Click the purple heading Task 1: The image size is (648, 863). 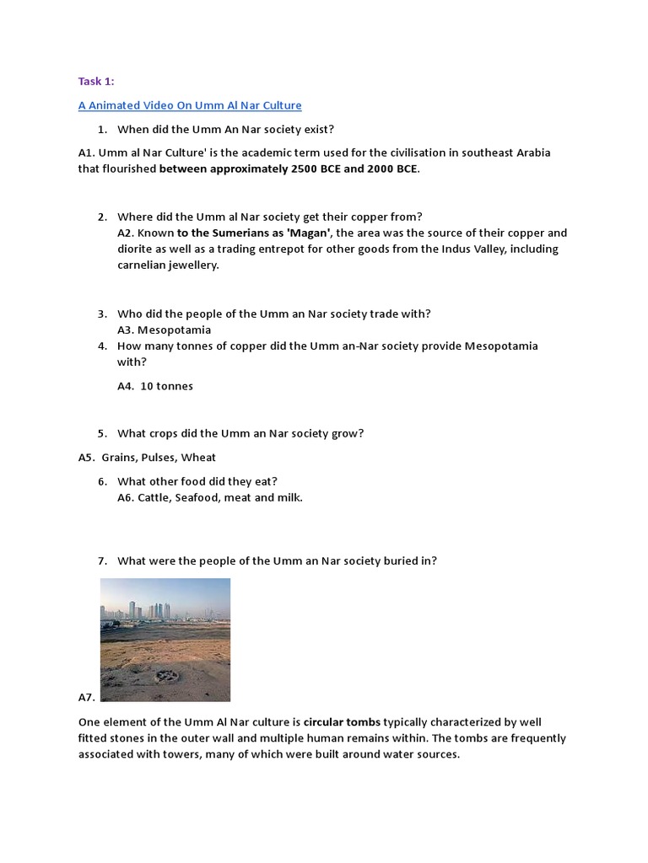point(96,81)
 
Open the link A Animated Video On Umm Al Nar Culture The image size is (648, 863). point(190,105)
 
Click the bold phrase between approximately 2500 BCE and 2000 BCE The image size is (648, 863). point(289,169)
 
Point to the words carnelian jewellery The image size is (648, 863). point(168,265)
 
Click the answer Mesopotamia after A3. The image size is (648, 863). point(174,330)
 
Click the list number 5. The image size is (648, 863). point(101,433)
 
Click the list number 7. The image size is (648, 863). point(101,560)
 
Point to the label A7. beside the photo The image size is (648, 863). point(87,697)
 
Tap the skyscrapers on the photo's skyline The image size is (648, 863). point(152,608)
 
